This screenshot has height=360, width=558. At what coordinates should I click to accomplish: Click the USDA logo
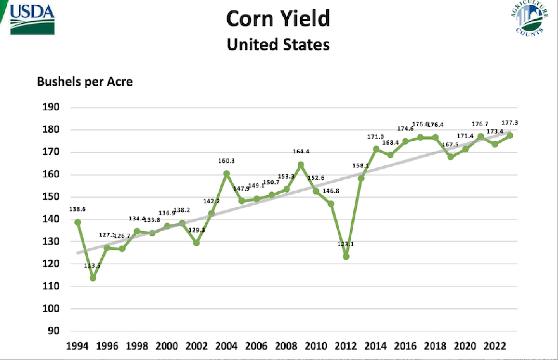click(x=32, y=19)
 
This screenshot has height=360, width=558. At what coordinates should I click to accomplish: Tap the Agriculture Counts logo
click(x=529, y=18)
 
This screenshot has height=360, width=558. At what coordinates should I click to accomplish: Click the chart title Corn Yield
click(x=278, y=19)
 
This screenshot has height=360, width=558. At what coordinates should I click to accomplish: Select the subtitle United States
click(x=278, y=45)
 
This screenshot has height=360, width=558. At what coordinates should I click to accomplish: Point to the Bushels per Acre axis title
click(x=84, y=82)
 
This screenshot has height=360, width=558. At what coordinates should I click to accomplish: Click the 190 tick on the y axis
click(x=51, y=107)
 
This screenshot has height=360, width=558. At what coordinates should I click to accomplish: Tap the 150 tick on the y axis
click(x=51, y=196)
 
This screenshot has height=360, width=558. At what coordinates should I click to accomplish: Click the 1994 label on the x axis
click(x=77, y=346)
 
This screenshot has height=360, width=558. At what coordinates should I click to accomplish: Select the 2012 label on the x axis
click(x=345, y=346)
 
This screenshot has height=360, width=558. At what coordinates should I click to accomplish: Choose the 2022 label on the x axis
click(x=494, y=346)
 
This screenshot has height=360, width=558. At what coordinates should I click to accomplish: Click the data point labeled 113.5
click(x=93, y=278)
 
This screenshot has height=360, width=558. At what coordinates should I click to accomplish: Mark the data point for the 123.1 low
click(x=346, y=257)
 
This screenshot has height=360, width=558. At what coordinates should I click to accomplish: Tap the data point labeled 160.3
click(x=227, y=174)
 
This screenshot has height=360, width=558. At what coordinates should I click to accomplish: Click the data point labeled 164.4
click(x=301, y=165)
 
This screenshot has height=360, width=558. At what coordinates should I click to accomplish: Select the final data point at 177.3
click(x=510, y=136)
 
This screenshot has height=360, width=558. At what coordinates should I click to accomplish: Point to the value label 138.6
click(x=77, y=209)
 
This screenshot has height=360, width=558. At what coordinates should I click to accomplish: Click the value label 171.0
click(x=375, y=137)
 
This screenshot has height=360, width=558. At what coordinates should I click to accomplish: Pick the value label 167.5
click(x=450, y=145)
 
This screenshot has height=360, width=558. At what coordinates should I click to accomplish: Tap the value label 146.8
click(x=331, y=191)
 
